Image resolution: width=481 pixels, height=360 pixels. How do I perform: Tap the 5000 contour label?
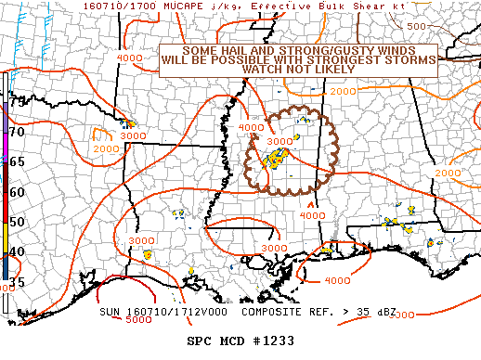pyautogui.click(x=138, y=320)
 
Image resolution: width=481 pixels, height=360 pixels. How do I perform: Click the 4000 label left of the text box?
pyautogui.click(x=130, y=58)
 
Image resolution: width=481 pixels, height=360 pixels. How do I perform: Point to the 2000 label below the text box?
pyautogui.click(x=343, y=92)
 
